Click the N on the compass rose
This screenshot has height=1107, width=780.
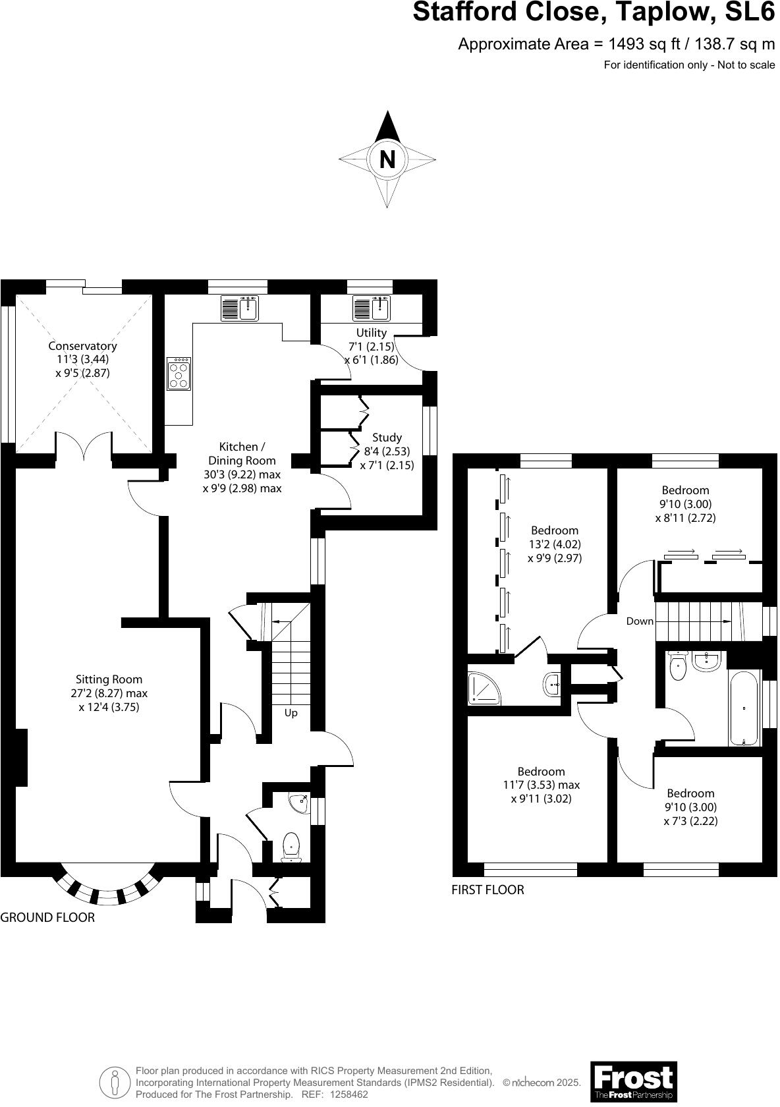[387, 159]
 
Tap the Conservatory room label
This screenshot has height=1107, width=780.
[82, 346]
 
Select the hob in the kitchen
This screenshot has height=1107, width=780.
[179, 374]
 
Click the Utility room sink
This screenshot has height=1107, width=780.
[372, 308]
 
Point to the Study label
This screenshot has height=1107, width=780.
[387, 438]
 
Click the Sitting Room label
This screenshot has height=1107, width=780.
[109, 679]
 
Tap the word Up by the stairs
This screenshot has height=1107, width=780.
[291, 713]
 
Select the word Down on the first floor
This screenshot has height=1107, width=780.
[640, 621]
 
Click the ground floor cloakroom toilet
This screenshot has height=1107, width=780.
[291, 846]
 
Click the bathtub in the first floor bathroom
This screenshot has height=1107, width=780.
[744, 708]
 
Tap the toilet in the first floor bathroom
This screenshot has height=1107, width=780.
[677, 667]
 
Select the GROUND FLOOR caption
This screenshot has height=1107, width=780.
[47, 917]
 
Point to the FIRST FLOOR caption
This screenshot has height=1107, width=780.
[487, 890]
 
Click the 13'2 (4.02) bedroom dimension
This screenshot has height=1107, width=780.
[554, 544]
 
